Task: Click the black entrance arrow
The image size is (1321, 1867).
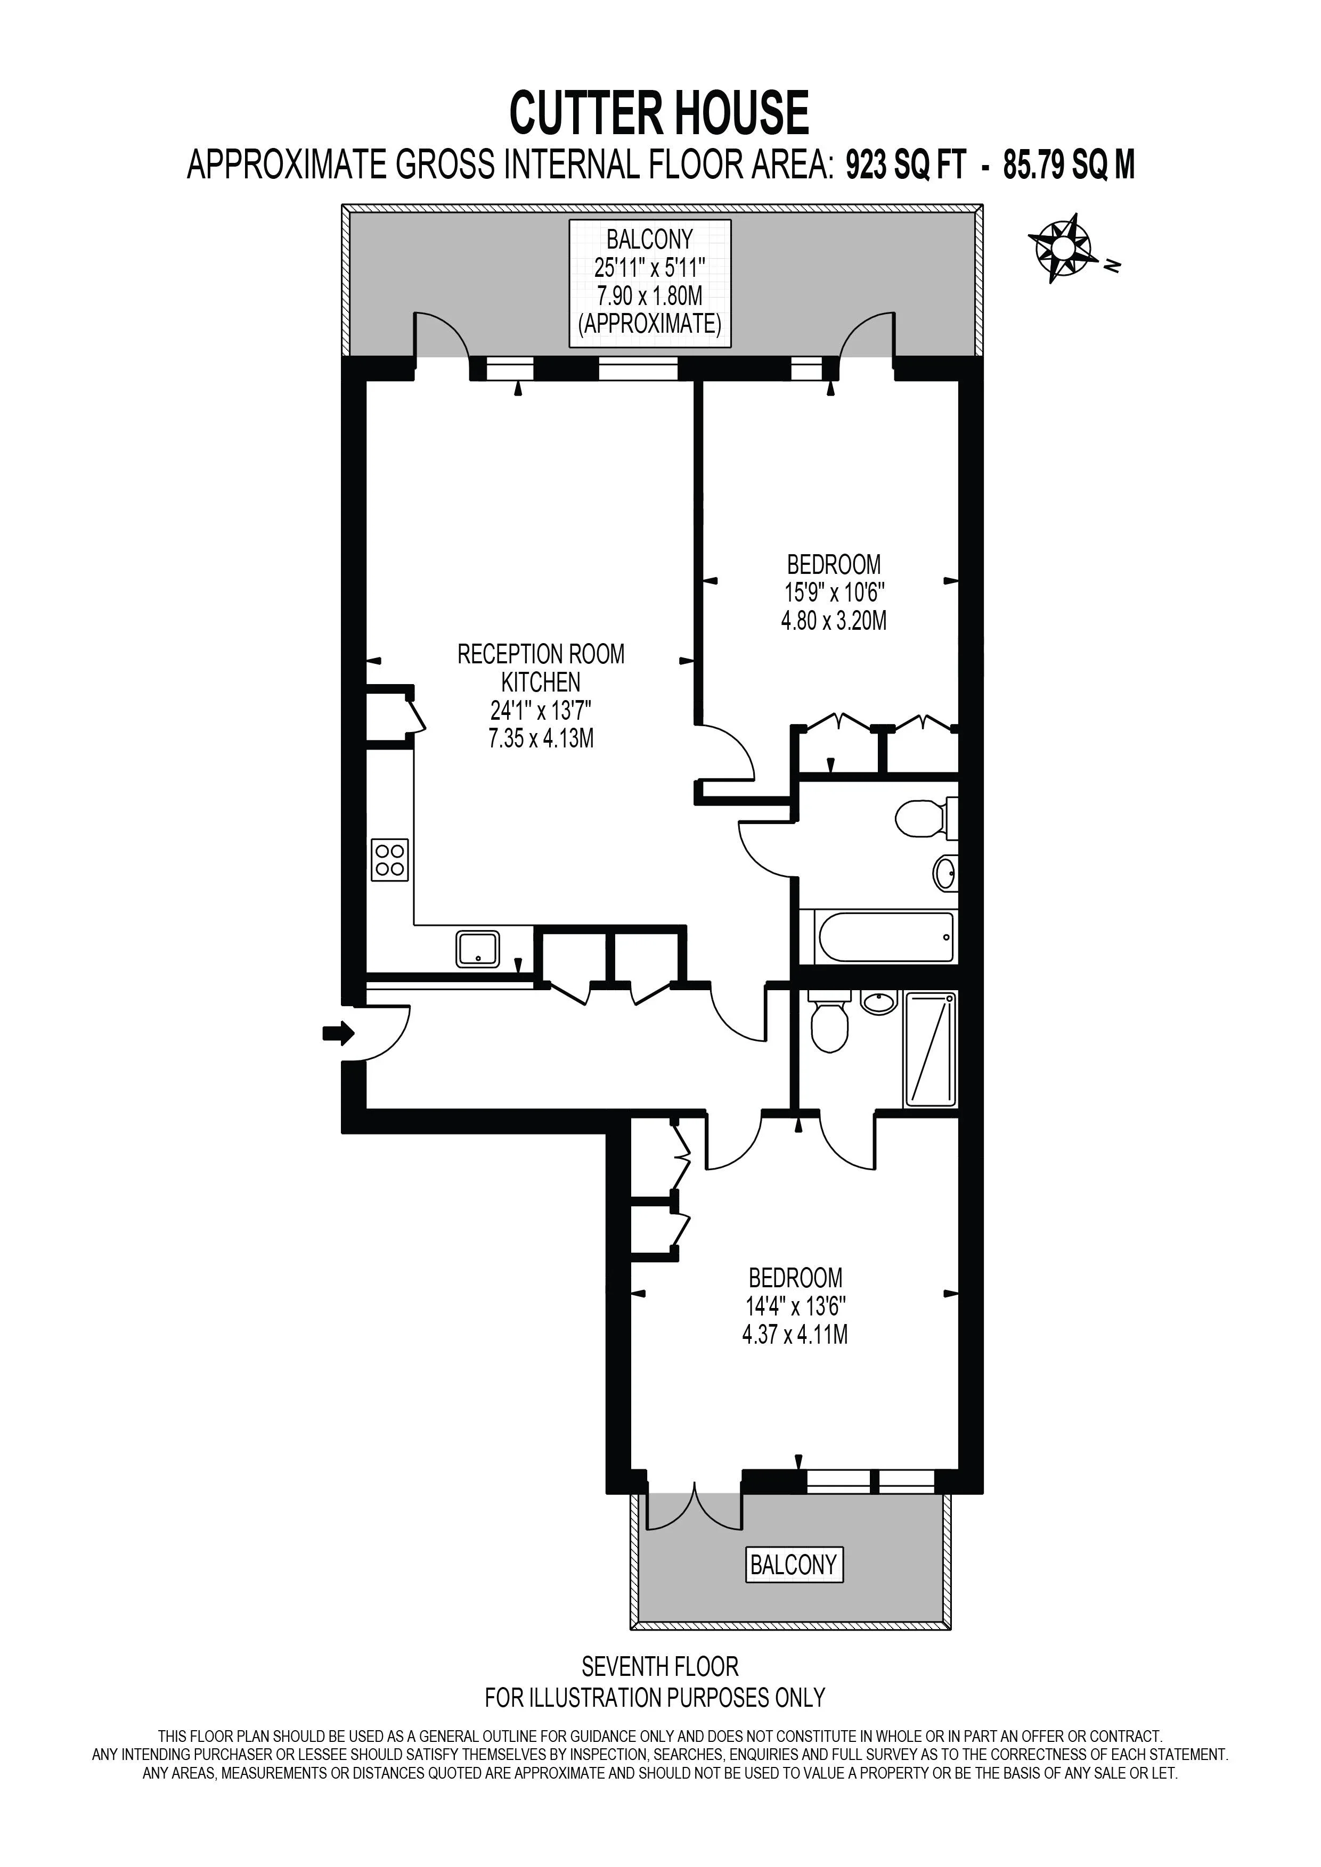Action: click(338, 1033)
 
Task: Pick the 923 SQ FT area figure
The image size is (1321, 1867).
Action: click(906, 166)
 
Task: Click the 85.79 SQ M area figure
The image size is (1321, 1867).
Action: click(1069, 166)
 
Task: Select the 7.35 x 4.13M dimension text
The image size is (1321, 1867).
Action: click(541, 739)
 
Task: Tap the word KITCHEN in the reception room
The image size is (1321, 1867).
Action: click(541, 682)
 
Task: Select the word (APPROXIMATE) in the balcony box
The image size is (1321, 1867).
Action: click(650, 324)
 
